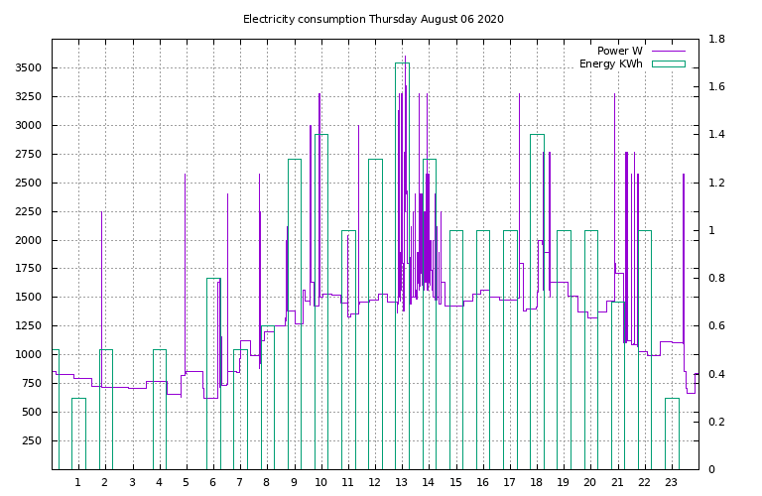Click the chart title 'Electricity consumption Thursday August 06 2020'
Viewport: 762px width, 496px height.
(x=373, y=19)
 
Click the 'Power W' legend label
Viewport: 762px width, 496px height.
(x=619, y=51)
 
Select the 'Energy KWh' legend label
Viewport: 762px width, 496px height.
(x=610, y=64)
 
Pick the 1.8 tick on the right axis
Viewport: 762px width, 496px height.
(x=716, y=40)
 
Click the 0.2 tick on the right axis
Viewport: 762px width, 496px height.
(x=716, y=422)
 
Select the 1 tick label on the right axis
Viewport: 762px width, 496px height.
(x=710, y=231)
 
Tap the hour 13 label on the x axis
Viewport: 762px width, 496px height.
(x=401, y=482)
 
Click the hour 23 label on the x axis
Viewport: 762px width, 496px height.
(x=671, y=482)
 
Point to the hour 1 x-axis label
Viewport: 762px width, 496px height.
(x=77, y=482)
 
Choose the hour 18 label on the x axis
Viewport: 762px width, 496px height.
(x=536, y=482)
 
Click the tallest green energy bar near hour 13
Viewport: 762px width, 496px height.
(x=402, y=268)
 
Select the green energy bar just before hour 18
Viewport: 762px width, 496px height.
(x=537, y=298)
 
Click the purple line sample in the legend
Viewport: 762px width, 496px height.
(x=668, y=51)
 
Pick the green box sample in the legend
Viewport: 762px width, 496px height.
(x=668, y=64)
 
